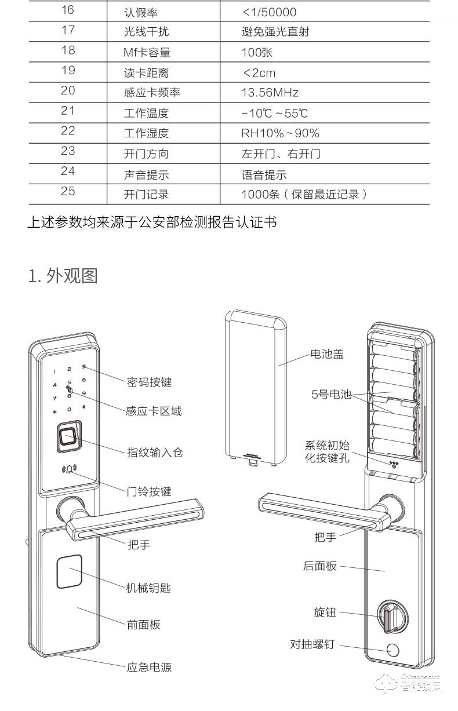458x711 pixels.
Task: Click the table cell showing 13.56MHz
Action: click(x=270, y=93)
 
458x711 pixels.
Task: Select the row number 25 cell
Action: click(x=68, y=191)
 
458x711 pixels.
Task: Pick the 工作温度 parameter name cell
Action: click(x=146, y=113)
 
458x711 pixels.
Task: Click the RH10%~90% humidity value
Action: click(x=280, y=133)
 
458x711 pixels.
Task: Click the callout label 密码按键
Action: click(x=149, y=382)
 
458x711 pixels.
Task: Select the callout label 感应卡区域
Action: click(x=154, y=411)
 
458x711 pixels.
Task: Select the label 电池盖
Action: click(x=327, y=354)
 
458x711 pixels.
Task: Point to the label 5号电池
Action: click(x=332, y=395)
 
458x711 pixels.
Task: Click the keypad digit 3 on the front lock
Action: click(x=83, y=367)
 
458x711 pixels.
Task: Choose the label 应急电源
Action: click(x=149, y=667)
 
